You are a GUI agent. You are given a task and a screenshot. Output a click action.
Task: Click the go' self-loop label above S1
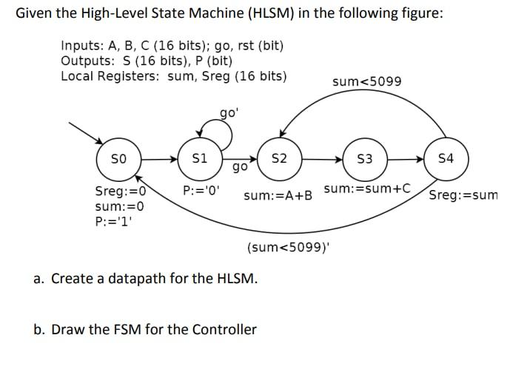pyautogui.click(x=229, y=113)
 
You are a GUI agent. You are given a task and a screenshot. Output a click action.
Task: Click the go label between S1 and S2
pyautogui.click(x=239, y=168)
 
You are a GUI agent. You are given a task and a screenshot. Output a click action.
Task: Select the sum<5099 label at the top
pyautogui.click(x=367, y=81)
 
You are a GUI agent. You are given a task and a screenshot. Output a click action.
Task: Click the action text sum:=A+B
pyautogui.click(x=278, y=196)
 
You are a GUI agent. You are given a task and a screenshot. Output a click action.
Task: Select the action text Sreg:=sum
pyautogui.click(x=463, y=196)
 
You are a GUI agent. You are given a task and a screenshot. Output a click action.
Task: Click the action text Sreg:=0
pyautogui.click(x=118, y=191)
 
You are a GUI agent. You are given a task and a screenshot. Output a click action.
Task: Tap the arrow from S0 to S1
pyautogui.click(x=159, y=158)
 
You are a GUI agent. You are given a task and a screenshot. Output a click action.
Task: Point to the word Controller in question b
pyautogui.click(x=221, y=329)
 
